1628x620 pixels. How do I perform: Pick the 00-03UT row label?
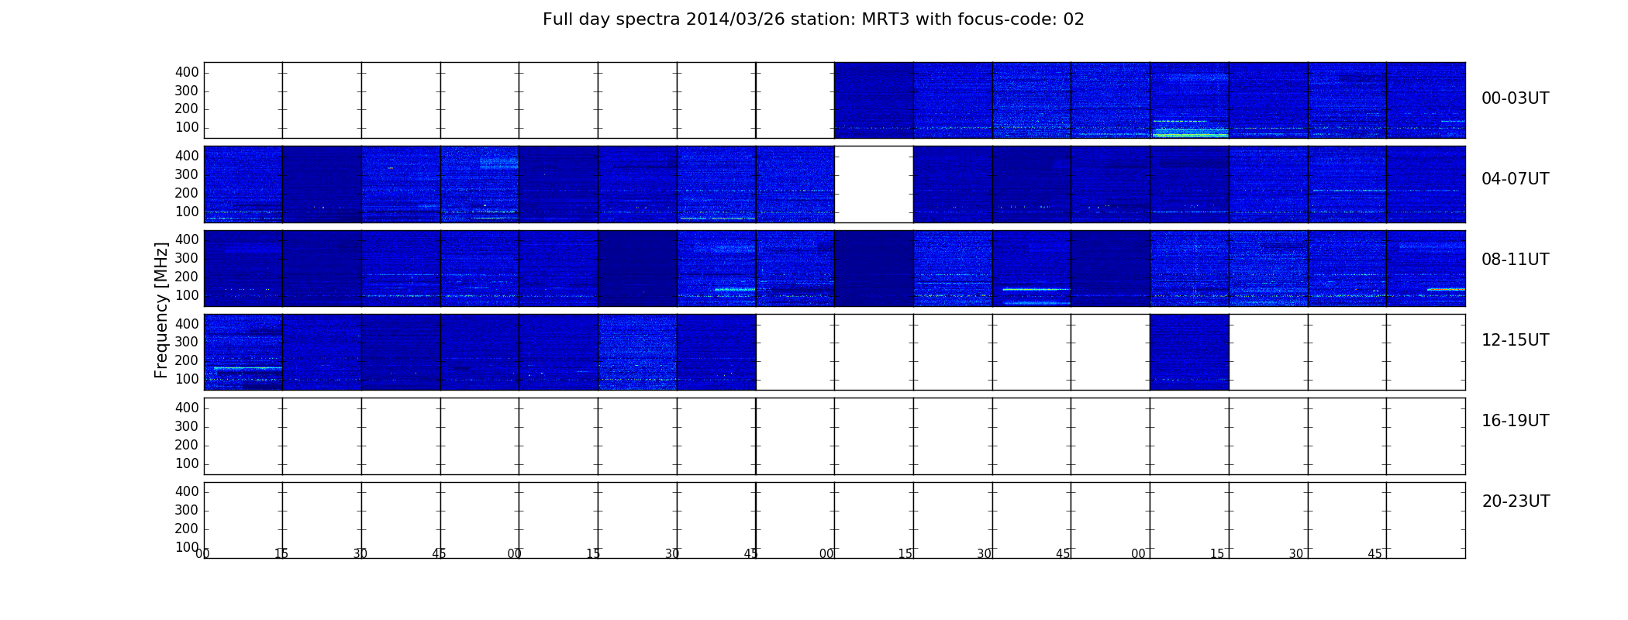[1515, 98]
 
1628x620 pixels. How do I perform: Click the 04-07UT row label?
[1515, 179]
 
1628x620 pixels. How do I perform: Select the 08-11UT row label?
[1515, 260]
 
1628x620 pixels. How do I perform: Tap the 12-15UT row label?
[1515, 340]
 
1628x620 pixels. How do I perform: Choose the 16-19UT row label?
[1515, 421]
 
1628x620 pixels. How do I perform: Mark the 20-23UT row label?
[1516, 501]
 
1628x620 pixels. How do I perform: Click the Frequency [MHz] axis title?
[161, 310]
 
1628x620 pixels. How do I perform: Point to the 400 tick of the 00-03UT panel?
[187, 72]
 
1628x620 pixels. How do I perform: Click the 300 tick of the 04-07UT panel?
[187, 174]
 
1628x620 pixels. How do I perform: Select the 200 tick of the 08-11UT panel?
[187, 277]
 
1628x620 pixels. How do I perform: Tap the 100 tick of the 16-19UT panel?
[187, 463]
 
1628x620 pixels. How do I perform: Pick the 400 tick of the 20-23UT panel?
[187, 491]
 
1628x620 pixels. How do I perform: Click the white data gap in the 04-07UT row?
[874, 184]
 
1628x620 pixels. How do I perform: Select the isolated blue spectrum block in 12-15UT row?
[1189, 352]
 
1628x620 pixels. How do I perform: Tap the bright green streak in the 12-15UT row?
[247, 367]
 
